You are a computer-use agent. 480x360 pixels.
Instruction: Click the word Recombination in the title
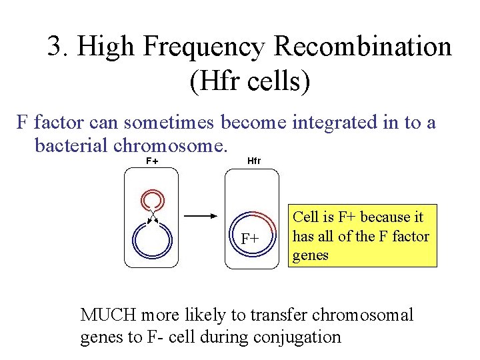(x=363, y=47)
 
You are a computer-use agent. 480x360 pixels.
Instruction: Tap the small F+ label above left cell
(x=152, y=161)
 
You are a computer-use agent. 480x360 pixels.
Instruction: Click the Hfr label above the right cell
(x=254, y=161)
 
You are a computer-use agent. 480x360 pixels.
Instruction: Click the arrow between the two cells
(x=199, y=216)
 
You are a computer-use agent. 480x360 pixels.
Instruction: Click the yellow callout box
(x=363, y=235)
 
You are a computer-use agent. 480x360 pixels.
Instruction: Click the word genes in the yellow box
(x=311, y=255)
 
